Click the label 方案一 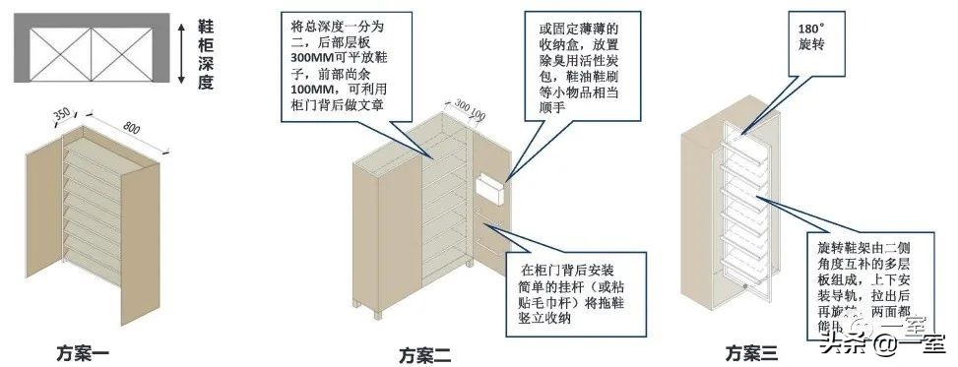coord(87,350)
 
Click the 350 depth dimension coord(61,114)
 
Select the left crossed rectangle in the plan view coord(61,47)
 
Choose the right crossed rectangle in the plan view coord(122,47)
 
